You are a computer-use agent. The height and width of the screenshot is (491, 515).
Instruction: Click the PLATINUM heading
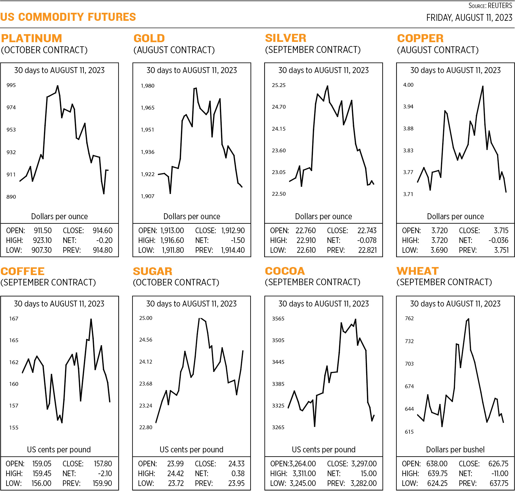click(32, 38)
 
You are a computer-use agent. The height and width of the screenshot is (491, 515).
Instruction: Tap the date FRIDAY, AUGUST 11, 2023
click(469, 18)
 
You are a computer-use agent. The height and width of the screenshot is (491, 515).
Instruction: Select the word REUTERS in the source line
click(500, 6)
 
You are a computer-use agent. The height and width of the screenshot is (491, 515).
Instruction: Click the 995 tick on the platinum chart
click(11, 85)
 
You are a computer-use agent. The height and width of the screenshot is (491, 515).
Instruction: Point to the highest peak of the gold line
click(195, 88)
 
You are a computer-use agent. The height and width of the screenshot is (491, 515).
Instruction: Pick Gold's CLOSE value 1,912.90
click(233, 230)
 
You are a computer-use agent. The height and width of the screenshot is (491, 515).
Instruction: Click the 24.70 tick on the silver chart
click(279, 107)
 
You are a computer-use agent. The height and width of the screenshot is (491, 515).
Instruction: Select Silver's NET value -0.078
click(367, 240)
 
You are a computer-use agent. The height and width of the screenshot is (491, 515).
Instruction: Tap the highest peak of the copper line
click(483, 86)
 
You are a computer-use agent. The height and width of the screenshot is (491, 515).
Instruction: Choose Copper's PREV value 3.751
click(501, 250)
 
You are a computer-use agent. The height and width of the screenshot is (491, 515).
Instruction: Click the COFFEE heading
click(23, 271)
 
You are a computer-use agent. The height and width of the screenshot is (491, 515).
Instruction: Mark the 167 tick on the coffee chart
click(14, 319)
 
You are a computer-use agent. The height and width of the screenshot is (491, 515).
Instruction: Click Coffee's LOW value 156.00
click(41, 483)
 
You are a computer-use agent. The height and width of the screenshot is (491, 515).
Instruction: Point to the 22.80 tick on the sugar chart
click(146, 427)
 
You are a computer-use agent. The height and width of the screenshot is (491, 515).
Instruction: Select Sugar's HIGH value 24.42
click(175, 473)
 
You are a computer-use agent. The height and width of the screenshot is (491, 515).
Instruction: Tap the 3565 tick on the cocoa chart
click(278, 319)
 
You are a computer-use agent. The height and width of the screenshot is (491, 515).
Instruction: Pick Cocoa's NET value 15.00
click(368, 473)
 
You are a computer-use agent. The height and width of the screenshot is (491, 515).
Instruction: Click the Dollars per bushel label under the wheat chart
click(455, 450)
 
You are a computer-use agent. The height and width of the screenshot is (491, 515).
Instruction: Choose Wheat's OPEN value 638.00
click(437, 464)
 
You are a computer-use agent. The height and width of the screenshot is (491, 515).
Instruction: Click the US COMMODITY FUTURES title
click(68, 17)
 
